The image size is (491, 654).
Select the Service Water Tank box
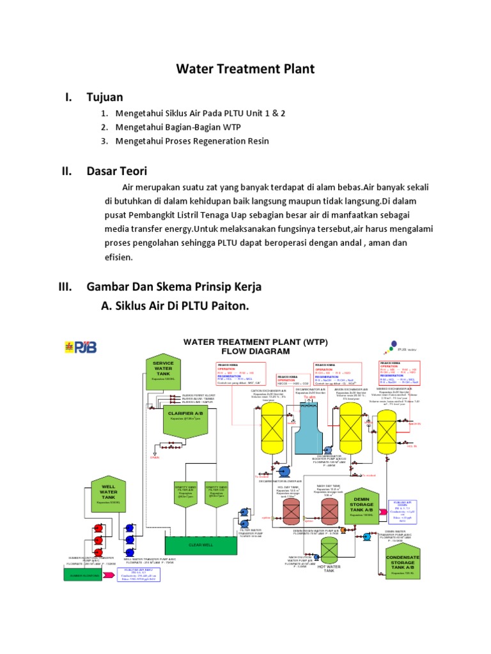click(x=164, y=372)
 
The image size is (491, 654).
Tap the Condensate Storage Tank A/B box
click(x=403, y=561)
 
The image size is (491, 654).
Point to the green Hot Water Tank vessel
click(x=329, y=550)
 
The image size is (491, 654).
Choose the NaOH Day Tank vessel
click(x=329, y=511)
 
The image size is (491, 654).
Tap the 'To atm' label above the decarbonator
click(x=309, y=397)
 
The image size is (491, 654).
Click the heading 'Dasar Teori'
click(x=117, y=171)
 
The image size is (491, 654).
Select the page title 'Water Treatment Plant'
click(x=245, y=69)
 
